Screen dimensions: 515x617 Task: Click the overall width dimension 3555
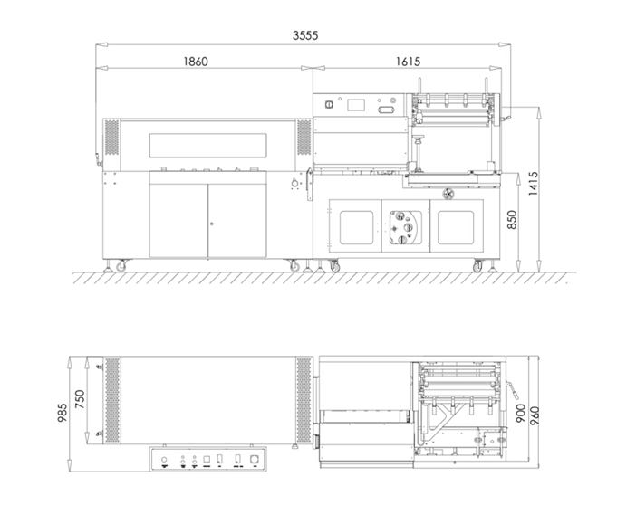click(304, 35)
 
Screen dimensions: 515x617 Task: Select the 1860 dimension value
click(196, 62)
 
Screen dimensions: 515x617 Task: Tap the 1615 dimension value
click(408, 62)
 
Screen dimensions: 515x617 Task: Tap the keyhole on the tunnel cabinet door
click(211, 223)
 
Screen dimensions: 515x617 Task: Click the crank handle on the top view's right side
click(512, 392)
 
